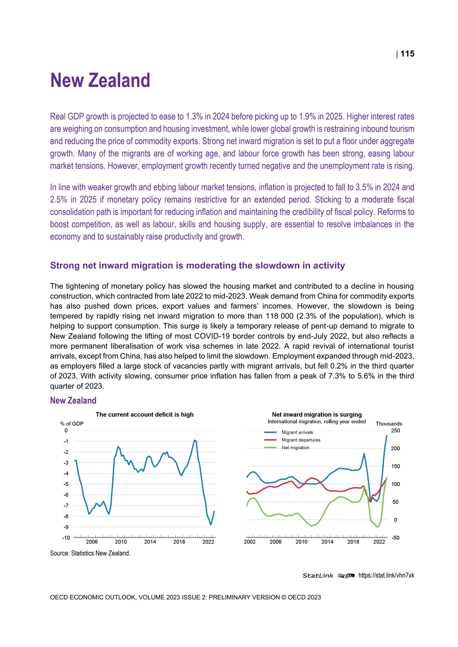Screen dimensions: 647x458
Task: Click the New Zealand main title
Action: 100,80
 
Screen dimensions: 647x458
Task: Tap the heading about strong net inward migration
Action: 197,266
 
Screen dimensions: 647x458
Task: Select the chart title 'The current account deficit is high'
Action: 144,415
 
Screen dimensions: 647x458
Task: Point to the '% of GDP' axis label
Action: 72,423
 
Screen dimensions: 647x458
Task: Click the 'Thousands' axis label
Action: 389,424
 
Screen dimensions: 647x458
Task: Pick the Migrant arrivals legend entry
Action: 297,433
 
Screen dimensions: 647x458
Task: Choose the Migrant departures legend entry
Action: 301,440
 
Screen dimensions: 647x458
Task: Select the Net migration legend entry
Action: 295,448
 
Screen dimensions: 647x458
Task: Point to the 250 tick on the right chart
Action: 395,431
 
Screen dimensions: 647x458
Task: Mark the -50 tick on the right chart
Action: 395,538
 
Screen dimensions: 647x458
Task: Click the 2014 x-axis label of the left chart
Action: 150,542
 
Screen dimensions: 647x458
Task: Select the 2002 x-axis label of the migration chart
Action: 250,542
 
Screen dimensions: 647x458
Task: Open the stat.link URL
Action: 386,575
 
